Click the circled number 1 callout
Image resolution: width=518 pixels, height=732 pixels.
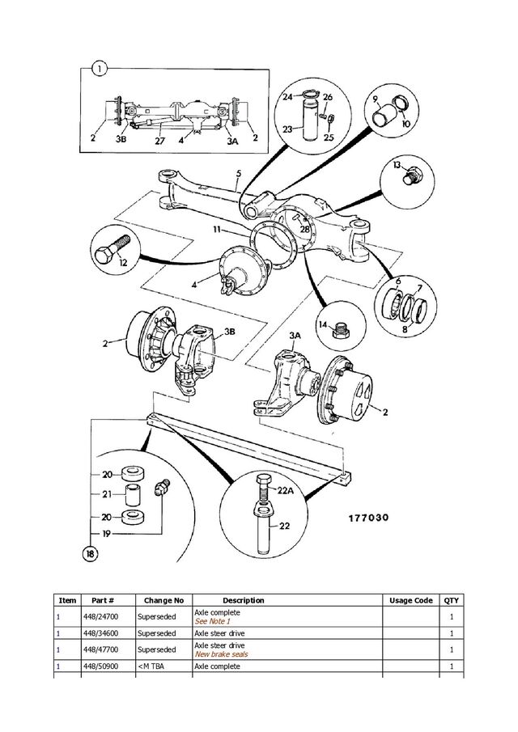(x=100, y=70)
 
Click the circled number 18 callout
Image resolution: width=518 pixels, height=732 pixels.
(x=90, y=554)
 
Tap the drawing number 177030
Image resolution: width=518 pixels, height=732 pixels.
(x=368, y=518)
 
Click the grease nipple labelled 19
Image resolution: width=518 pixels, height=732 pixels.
(x=162, y=487)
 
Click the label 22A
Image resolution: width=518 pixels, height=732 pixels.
(x=286, y=491)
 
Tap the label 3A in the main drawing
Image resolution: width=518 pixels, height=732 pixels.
(x=295, y=336)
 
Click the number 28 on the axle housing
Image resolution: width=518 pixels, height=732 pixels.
(x=304, y=229)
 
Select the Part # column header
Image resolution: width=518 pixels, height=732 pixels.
(x=103, y=600)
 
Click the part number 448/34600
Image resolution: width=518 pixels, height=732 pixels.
(x=100, y=633)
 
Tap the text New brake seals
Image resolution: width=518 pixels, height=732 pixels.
(x=222, y=654)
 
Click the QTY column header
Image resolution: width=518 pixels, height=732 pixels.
(x=451, y=600)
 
